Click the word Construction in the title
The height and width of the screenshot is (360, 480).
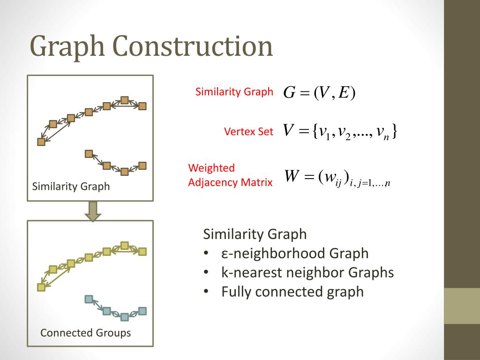(x=192, y=46)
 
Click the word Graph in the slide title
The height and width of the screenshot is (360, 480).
(x=68, y=47)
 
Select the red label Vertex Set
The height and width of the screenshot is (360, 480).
(x=248, y=132)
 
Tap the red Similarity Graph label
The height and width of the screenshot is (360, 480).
(x=234, y=92)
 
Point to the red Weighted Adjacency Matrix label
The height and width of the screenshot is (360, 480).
(x=230, y=175)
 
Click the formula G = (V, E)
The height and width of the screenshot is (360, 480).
(x=319, y=93)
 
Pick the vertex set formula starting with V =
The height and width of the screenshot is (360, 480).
(x=340, y=132)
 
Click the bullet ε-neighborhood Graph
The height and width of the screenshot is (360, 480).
(x=295, y=254)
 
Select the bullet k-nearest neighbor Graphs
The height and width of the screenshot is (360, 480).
(x=307, y=272)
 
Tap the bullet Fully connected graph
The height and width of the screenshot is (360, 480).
(x=292, y=292)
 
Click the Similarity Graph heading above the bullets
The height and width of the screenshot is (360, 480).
(x=255, y=234)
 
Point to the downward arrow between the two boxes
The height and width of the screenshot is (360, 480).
(x=92, y=211)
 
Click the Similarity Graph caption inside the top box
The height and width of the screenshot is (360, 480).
(x=71, y=187)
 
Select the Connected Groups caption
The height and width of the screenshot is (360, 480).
(x=85, y=333)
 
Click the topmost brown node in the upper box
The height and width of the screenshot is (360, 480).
(x=124, y=100)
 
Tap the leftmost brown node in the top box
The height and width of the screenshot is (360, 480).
(x=41, y=141)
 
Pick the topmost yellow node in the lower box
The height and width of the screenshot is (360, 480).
(x=124, y=245)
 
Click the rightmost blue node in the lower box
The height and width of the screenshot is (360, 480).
(x=142, y=310)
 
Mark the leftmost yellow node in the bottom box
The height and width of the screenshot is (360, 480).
(x=41, y=287)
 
